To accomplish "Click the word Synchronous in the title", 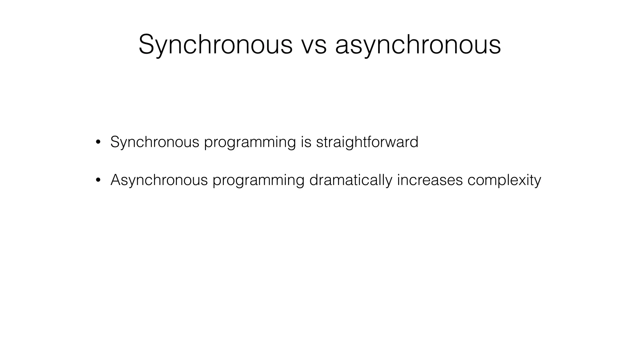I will pos(216,45).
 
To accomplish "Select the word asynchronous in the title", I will pos(418,45).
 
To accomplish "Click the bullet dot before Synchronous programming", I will pos(98,142).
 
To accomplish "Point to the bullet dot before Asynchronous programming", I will pos(98,180).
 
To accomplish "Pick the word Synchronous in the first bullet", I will pos(155,142).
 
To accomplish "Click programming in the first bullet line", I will pos(250,143).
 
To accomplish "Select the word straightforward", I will pos(367,142).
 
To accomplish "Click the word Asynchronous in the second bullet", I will pos(159,180).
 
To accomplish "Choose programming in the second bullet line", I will pos(258,181).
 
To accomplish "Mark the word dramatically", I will pos(351,180).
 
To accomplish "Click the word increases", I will pos(430,180).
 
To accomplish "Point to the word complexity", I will pos(504,181).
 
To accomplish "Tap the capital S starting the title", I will pos(147,45).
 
